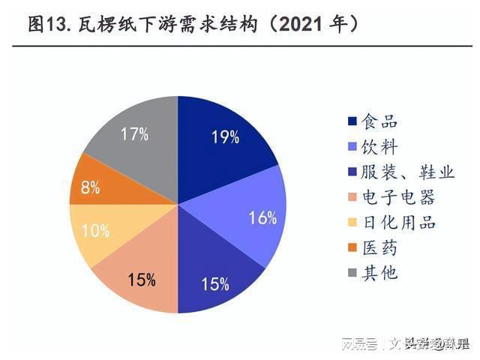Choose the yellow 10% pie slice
click(97, 232)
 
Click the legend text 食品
click(379, 121)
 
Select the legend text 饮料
click(379, 147)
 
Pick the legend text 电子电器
click(398, 198)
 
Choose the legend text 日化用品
click(398, 223)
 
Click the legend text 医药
click(379, 248)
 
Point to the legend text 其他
click(379, 273)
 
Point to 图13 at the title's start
click(46, 25)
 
